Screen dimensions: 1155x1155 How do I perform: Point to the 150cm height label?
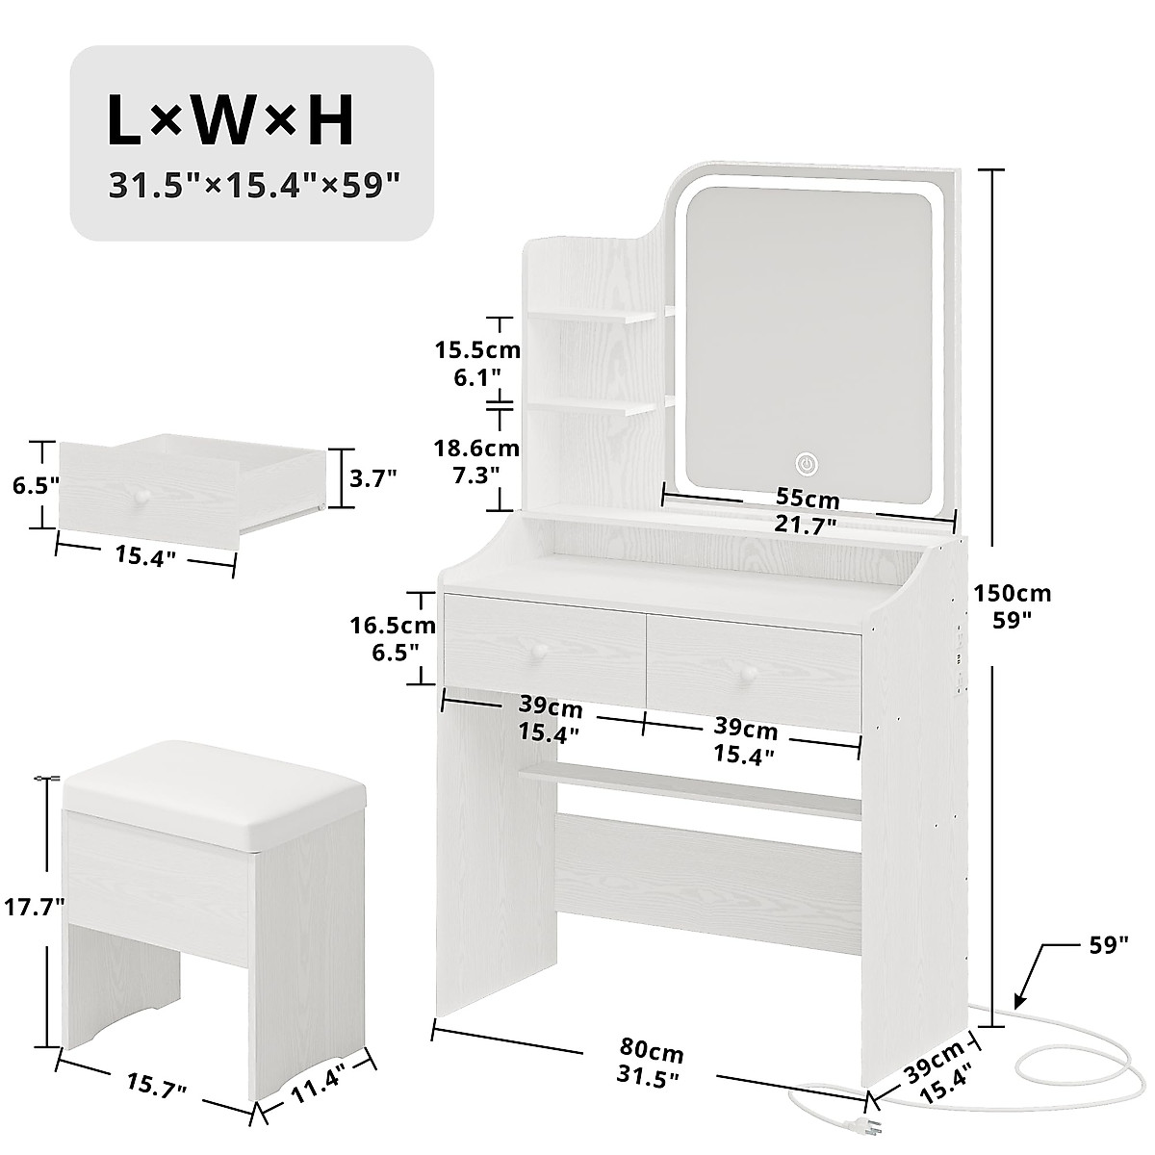(x=1012, y=593)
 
